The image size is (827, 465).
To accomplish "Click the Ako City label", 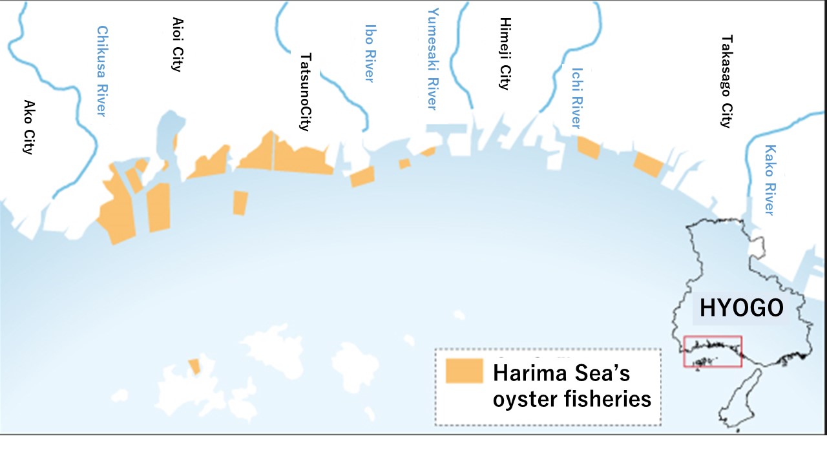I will (x=28, y=127).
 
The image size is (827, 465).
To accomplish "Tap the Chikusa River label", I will (x=101, y=71).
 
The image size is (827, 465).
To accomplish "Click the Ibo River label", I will (x=370, y=53).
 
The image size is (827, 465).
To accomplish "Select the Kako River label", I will (x=769, y=180).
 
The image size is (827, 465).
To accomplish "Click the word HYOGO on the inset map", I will (x=741, y=309).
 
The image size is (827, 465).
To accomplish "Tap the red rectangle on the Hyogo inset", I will (x=713, y=351).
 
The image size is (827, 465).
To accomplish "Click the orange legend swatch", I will (x=464, y=371).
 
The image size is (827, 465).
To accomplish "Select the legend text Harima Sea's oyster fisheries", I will (x=571, y=386).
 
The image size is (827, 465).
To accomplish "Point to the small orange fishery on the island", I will (x=194, y=366).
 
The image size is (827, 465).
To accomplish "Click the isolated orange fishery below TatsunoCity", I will (x=240, y=203).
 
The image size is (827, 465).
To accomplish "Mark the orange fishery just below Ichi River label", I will (x=588, y=148).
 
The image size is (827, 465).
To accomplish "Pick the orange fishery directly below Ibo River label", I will (x=362, y=176).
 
